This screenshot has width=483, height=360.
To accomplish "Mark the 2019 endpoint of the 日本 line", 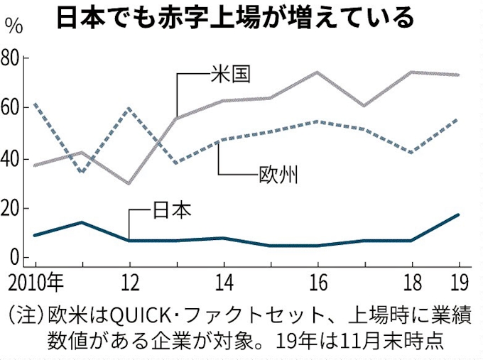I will pyautogui.click(x=458, y=214).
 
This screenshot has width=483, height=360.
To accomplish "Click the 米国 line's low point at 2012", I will pyautogui.click(x=129, y=183).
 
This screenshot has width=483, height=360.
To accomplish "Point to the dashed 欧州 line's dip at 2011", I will pyautogui.click(x=81, y=172).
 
